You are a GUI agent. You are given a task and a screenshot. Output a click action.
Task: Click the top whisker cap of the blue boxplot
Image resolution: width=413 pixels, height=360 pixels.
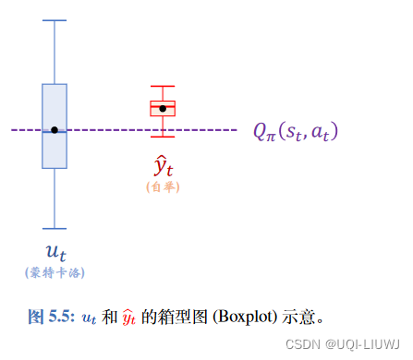(55, 20)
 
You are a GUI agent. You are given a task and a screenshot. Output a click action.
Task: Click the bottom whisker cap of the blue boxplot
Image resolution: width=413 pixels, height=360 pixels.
(55, 228)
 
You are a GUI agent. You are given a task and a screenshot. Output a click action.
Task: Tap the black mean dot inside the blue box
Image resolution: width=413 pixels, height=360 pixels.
(55, 130)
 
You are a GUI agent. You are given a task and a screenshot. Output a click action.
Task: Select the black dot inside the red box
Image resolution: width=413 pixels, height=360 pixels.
(163, 109)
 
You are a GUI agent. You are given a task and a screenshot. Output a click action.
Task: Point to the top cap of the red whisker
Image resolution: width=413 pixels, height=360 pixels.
(163, 86)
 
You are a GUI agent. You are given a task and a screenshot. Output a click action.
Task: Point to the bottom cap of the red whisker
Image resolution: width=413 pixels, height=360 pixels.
(163, 137)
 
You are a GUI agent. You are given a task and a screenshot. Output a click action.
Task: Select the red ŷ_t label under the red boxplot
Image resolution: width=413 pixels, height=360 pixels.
(164, 166)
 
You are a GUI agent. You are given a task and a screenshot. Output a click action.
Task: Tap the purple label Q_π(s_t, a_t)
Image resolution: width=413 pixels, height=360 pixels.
(296, 131)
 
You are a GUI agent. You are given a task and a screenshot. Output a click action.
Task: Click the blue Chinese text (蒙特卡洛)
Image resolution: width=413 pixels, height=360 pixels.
(55, 272)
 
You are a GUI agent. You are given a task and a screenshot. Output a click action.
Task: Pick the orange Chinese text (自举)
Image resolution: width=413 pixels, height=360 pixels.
(163, 186)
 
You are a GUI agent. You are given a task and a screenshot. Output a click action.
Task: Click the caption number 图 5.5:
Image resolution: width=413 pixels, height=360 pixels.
(50, 317)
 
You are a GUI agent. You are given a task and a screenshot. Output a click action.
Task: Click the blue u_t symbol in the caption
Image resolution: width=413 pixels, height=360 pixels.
(89, 318)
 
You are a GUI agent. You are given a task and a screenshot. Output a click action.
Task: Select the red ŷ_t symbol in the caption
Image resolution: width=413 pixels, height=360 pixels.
(129, 318)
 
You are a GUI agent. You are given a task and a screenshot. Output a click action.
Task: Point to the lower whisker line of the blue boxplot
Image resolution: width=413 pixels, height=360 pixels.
(55, 198)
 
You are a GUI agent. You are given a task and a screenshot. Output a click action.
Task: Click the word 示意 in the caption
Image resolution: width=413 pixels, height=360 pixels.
(299, 317)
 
